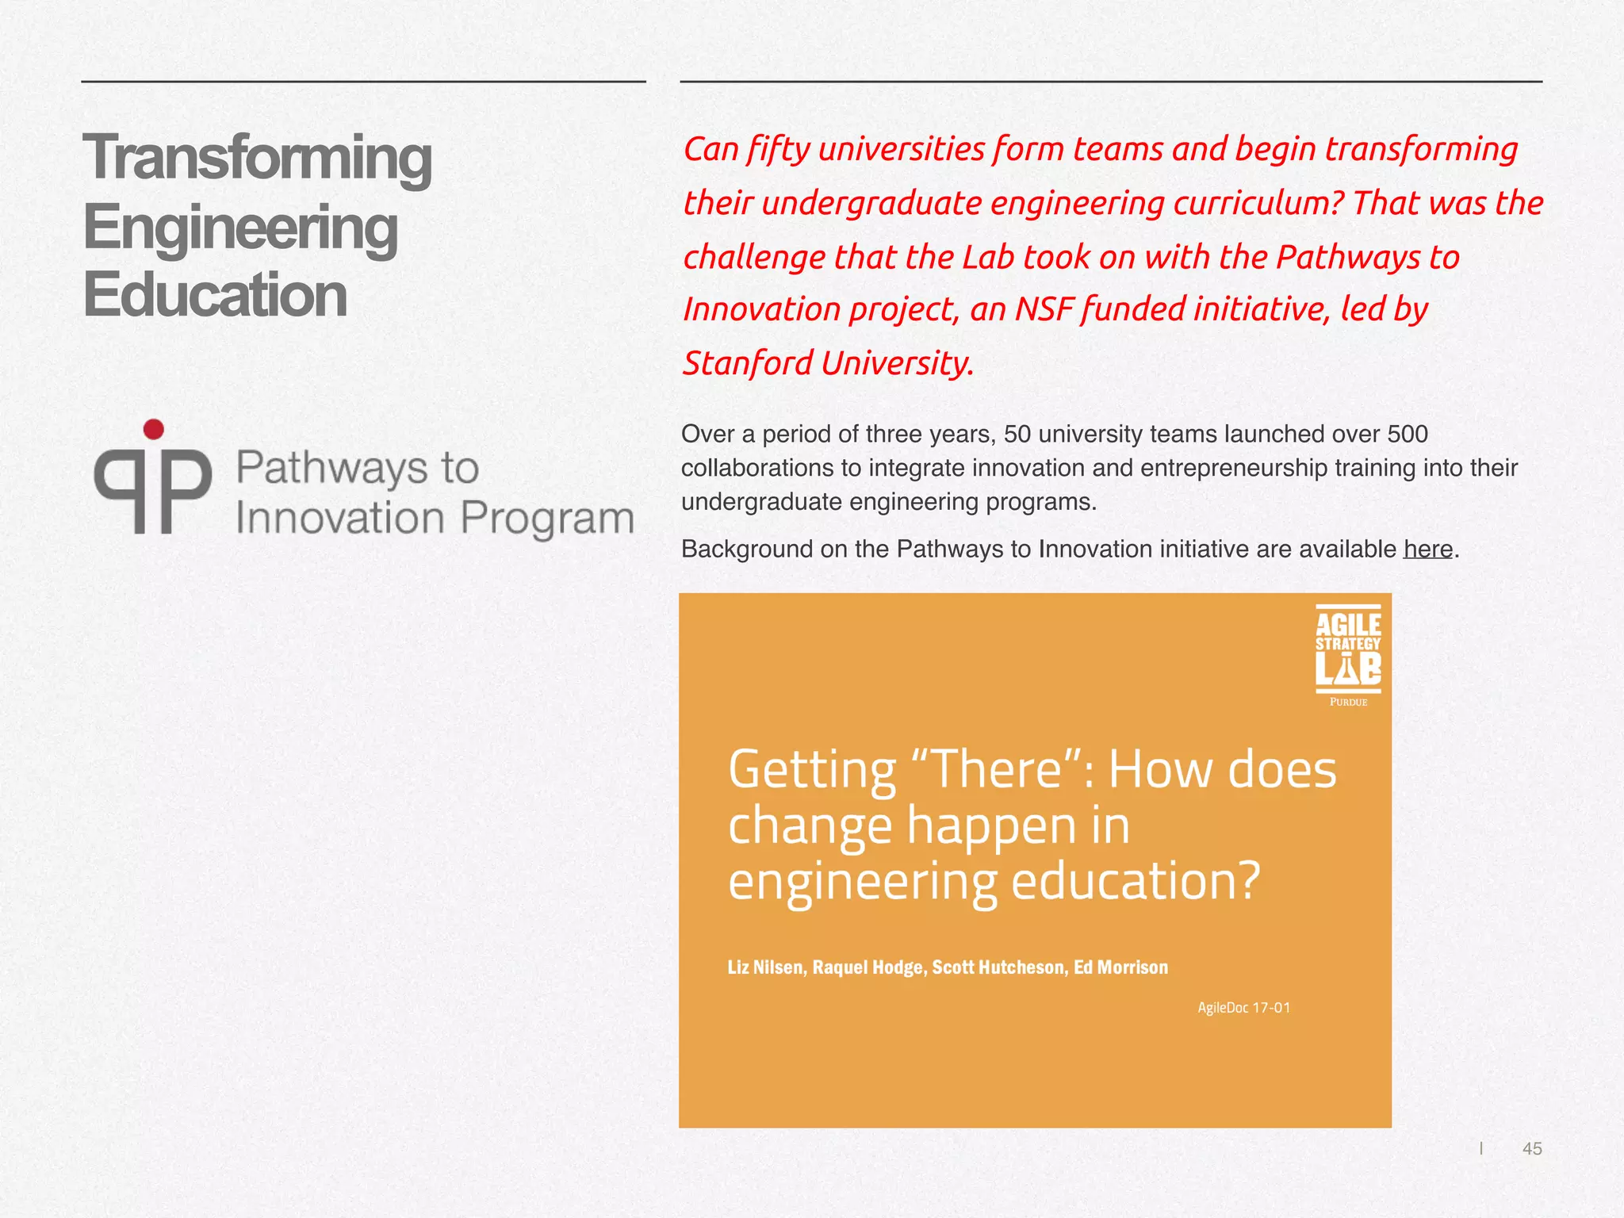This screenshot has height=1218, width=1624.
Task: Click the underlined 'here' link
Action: pos(1427,549)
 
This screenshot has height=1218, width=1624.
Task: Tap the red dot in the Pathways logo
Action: pos(154,430)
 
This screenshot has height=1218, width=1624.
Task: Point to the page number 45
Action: pos(1532,1148)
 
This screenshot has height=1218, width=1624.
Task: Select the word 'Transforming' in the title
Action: pos(258,158)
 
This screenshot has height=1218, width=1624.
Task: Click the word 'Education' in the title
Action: pos(215,295)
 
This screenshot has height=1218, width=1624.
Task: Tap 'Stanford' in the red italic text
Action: pos(748,363)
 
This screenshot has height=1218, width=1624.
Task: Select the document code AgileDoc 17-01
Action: pos(1243,1008)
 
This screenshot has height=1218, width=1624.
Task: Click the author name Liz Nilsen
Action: pos(764,967)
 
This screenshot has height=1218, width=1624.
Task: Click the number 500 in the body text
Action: pos(1407,434)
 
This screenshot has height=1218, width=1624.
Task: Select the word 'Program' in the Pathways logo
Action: pos(547,519)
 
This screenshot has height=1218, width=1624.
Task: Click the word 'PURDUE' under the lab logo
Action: pos(1348,702)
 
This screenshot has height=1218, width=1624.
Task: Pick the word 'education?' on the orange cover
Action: pos(1136,881)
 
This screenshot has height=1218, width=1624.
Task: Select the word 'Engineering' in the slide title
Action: pos(240,228)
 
